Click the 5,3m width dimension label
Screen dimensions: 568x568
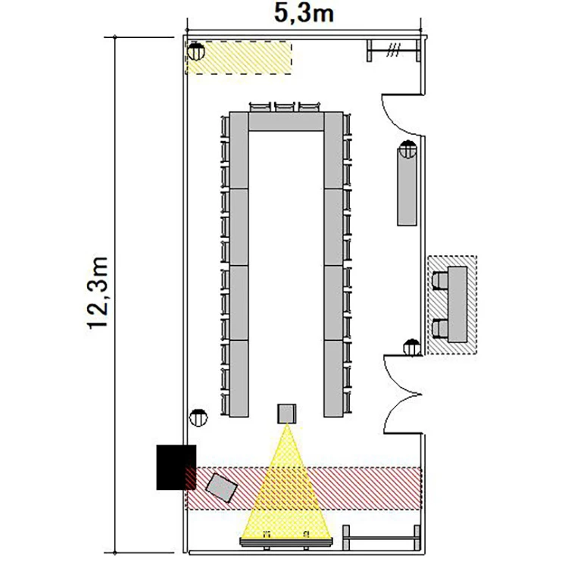[x=304, y=14]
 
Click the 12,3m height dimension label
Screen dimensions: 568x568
[x=98, y=292]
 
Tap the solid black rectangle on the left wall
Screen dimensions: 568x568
[x=176, y=467]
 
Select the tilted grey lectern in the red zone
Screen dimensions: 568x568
[x=222, y=488]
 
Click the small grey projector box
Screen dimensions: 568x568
[x=287, y=414]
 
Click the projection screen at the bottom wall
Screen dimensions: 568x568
[x=286, y=543]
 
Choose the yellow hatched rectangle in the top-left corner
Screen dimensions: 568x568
[x=239, y=58]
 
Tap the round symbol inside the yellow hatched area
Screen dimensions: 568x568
[x=196, y=51]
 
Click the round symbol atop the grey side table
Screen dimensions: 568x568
[x=408, y=149]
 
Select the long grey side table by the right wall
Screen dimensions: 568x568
[x=407, y=186]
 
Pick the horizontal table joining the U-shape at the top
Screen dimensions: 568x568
[x=286, y=121]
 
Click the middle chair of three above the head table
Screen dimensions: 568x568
[x=285, y=108]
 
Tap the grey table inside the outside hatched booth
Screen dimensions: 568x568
[x=457, y=304]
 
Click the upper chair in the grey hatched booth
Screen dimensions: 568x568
[x=440, y=281]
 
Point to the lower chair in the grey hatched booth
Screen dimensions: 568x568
[x=440, y=329]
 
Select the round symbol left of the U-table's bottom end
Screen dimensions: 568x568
[x=198, y=417]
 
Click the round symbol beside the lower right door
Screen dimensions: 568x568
[x=412, y=348]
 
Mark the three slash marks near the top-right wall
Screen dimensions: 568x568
[x=393, y=50]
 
